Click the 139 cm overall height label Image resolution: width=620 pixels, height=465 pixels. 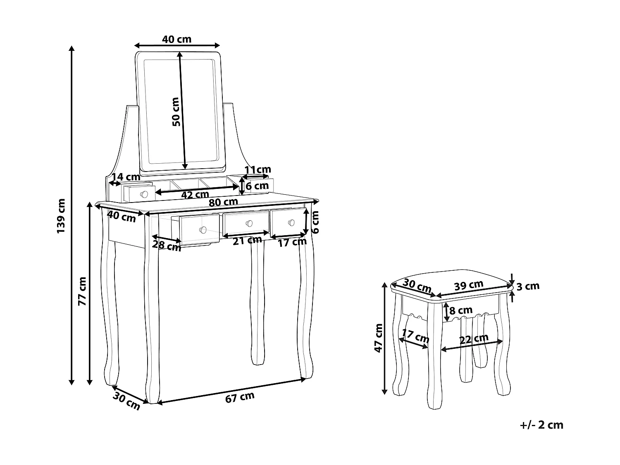pos(61,216)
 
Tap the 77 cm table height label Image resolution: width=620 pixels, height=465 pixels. pos(82,291)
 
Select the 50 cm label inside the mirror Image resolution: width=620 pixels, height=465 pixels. pos(176,112)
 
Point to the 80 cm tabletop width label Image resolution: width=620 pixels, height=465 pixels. pos(223,202)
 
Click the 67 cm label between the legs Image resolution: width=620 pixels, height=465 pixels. pos(240,397)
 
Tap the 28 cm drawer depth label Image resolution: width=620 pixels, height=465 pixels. pos(167,245)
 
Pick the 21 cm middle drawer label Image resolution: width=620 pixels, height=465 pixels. pos(247,240)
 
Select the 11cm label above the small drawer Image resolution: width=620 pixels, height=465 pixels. pos(258,169)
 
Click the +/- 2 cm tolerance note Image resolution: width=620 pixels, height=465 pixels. pos(542,425)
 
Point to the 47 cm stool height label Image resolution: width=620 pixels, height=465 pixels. pos(378,338)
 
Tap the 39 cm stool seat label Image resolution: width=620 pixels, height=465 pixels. pos(468,285)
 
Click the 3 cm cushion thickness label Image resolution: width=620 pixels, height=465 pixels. pos(529,286)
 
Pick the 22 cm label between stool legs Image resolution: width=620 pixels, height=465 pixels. pos(474,339)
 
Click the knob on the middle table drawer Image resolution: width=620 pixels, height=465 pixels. pos(249,223)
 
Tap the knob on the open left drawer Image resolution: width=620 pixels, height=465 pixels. pos(203,229)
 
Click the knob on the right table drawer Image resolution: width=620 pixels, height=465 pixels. pos(291,222)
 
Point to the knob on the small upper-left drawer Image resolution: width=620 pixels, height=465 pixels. pos(144,194)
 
